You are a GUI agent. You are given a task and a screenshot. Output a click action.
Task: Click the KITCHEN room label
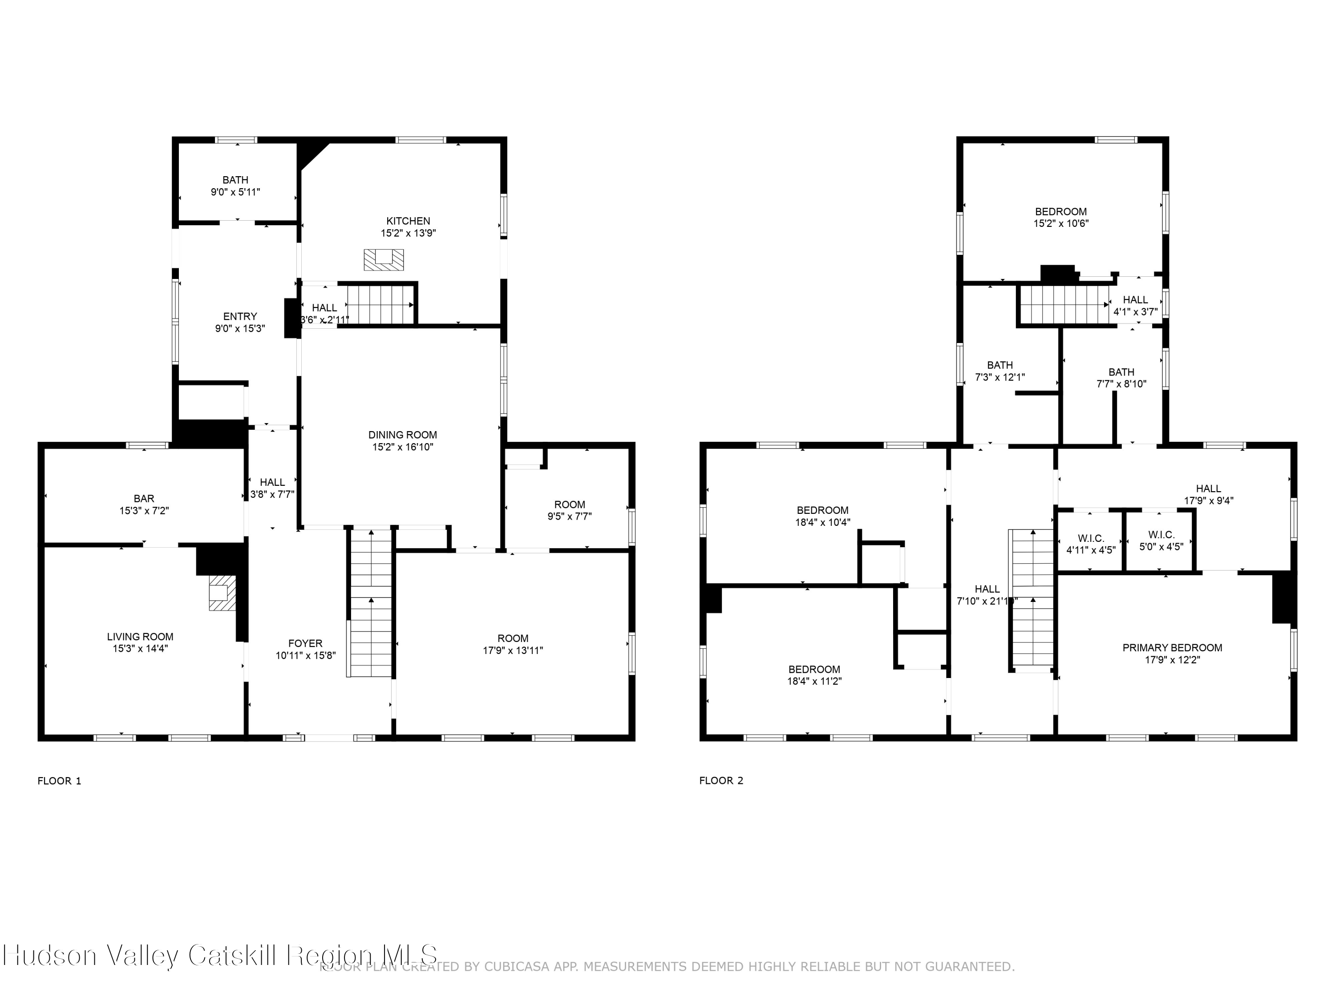click(408, 221)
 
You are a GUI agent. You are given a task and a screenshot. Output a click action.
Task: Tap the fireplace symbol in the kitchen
click(383, 259)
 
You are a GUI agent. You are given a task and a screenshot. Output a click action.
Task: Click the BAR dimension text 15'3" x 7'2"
click(144, 510)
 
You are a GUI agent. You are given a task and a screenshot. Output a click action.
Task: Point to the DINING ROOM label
click(403, 434)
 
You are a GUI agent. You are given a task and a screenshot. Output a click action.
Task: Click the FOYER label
click(305, 643)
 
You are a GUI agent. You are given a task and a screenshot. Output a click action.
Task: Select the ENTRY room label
click(240, 316)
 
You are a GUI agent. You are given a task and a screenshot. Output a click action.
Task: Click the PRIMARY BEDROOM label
click(1172, 647)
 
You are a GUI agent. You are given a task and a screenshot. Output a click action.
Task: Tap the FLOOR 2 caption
click(721, 781)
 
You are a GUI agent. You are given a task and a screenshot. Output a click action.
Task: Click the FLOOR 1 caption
click(59, 781)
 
